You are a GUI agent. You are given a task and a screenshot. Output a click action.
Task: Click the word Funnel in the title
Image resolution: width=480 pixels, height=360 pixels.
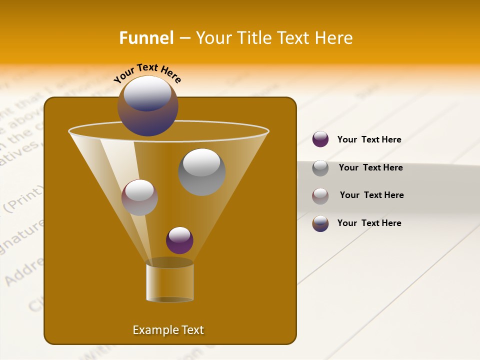tap(146, 38)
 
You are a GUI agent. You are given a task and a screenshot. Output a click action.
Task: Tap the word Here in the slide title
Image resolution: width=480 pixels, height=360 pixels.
tap(332, 38)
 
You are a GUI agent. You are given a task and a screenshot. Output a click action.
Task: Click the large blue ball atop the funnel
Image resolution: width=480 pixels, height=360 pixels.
tap(148, 105)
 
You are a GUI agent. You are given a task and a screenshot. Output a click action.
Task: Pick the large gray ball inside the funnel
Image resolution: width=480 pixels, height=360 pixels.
tap(201, 172)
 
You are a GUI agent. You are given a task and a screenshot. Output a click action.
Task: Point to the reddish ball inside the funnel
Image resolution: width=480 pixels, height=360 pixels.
tap(139, 197)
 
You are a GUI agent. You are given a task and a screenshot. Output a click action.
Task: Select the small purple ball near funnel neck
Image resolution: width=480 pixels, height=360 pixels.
tap(179, 240)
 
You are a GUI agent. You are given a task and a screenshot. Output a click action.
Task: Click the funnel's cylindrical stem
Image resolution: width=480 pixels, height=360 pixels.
tap(170, 282)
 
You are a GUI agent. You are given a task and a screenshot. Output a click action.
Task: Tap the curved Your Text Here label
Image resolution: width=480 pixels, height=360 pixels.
tap(147, 73)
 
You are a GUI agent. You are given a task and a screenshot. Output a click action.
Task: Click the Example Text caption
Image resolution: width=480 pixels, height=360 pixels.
tap(168, 330)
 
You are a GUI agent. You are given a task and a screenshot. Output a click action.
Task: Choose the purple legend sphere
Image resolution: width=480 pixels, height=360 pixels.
tap(320, 139)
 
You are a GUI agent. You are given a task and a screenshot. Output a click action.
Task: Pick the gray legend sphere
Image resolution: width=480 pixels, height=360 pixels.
tap(320, 167)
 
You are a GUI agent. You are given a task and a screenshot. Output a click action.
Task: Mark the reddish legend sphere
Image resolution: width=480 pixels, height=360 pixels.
tap(320, 195)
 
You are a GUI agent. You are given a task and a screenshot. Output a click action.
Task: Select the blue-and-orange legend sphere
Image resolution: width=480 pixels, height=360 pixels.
tap(320, 223)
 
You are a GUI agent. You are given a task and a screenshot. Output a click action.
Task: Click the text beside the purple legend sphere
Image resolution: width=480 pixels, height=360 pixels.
tap(369, 139)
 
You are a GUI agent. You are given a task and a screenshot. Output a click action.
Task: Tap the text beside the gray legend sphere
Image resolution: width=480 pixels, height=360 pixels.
tap(370, 167)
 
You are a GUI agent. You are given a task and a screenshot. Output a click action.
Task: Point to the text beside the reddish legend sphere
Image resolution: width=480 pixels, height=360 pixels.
tap(371, 195)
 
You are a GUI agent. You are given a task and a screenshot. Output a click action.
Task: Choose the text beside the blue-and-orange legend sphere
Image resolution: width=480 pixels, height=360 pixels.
tap(369, 223)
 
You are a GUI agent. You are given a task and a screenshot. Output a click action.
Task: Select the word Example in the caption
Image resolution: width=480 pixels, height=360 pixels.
tap(153, 330)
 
